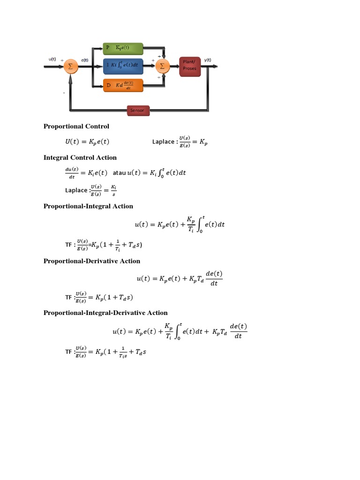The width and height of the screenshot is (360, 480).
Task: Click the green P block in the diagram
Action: click(123, 48)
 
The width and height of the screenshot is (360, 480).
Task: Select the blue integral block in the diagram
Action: click(123, 67)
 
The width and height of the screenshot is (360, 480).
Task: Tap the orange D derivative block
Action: click(123, 85)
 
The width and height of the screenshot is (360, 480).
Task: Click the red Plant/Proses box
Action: click(190, 66)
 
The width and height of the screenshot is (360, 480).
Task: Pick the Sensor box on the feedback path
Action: click(138, 111)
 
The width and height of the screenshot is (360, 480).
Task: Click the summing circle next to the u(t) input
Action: click(71, 66)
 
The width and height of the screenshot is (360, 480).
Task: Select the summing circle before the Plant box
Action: click(162, 66)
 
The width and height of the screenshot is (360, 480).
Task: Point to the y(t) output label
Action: click(208, 60)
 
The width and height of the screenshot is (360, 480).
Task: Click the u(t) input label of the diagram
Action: click(52, 59)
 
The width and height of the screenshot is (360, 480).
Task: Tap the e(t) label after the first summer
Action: click(85, 60)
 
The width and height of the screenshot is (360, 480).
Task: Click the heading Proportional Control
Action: click(76, 126)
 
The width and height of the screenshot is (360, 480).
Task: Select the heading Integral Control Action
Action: click(80, 157)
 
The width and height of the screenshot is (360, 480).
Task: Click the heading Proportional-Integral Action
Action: click(88, 206)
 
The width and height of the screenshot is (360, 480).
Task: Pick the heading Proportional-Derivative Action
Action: click(92, 261)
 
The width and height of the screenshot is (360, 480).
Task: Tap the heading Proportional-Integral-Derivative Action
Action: click(105, 313)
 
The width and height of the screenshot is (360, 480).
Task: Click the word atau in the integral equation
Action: click(119, 172)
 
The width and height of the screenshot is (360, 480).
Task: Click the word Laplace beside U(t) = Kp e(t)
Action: click(163, 142)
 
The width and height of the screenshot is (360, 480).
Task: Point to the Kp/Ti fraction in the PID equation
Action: click(169, 330)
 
